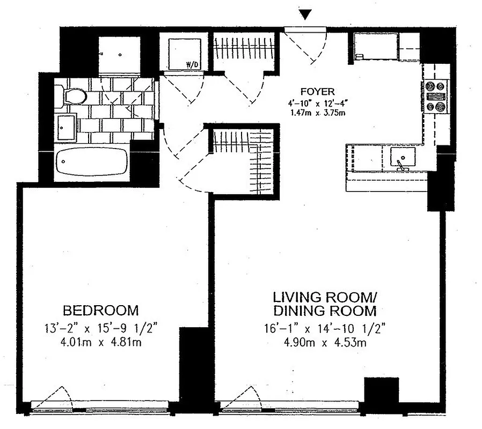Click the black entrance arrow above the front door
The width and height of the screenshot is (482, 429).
coord(305,16)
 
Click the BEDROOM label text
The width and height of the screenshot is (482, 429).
coord(100,310)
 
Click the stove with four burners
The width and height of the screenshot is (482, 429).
coord(436,97)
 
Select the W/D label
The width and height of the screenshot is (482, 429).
coord(191,65)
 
